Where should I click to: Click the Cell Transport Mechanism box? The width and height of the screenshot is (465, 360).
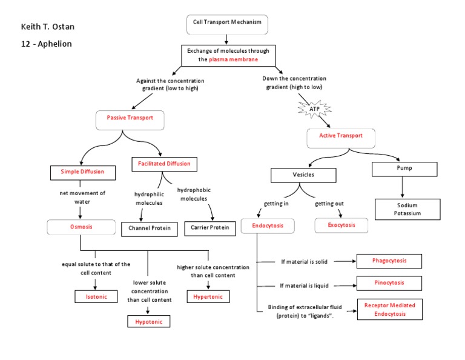tap(227, 23)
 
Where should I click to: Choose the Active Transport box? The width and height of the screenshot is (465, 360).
tap(341, 136)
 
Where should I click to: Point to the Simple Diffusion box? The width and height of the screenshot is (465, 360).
tap(82, 172)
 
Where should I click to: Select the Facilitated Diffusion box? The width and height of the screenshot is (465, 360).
tap(163, 164)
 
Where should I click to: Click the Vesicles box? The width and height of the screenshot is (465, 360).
tap(303, 175)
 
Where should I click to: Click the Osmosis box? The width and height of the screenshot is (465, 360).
tap(81, 227)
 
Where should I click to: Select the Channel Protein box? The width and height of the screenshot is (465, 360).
tap(150, 228)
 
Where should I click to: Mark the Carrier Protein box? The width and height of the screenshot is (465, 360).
tap(210, 228)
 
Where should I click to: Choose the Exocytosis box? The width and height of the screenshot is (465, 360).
tap(341, 225)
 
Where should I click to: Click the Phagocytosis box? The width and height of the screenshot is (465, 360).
tap(389, 261)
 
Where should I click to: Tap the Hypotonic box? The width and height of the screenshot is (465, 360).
tap(148, 321)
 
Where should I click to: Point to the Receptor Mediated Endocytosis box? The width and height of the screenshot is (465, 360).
tap(389, 309)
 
